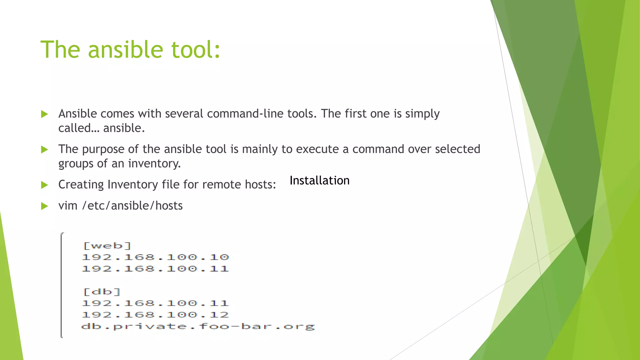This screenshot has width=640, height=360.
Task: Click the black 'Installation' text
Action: pyautogui.click(x=319, y=181)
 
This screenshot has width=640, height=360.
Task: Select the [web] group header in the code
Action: pyautogui.click(x=107, y=246)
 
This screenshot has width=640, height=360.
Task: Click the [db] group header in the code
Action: pyautogui.click(x=102, y=292)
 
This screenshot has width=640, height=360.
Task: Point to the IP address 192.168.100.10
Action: pyautogui.click(x=155, y=257)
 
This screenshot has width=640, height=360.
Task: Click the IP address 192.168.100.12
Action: pyautogui.click(x=155, y=315)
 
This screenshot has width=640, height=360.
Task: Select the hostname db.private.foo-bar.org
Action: pyautogui.click(x=198, y=327)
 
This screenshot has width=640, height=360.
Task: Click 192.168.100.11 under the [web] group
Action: pyautogui.click(x=155, y=269)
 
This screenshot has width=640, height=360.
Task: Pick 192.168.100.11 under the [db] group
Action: pyautogui.click(x=155, y=303)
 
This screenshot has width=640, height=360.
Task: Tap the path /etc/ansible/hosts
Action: pyautogui.click(x=132, y=206)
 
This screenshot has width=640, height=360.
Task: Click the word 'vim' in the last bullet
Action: pyautogui.click(x=68, y=206)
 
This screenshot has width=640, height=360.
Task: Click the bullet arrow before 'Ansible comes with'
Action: pyautogui.click(x=45, y=114)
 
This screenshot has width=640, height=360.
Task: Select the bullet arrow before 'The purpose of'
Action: pyautogui.click(x=45, y=150)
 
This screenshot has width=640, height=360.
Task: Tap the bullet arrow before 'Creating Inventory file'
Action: pyautogui.click(x=45, y=185)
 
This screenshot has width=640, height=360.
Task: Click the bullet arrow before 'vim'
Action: pyautogui.click(x=45, y=206)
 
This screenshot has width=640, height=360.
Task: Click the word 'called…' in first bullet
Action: pyautogui.click(x=79, y=128)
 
